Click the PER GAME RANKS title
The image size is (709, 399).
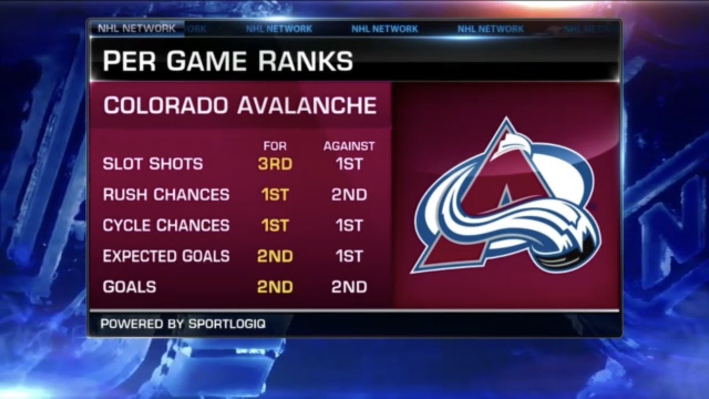[227, 61]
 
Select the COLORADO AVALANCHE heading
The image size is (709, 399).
[240, 106]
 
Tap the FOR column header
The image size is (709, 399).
[275, 146]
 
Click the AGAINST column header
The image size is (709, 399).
[349, 146]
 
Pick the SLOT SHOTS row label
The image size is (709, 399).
[152, 164]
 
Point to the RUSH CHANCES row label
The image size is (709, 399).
[166, 194]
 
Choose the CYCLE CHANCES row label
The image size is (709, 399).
[166, 225]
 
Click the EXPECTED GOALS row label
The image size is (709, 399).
[166, 256]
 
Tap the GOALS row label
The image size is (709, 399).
[129, 287]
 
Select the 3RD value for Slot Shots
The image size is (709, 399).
[275, 164]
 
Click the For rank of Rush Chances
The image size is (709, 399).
[275, 194]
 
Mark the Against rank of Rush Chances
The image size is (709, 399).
[349, 194]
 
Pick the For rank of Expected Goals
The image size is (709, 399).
[275, 256]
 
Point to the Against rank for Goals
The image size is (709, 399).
[349, 287]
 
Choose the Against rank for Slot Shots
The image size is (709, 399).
[349, 164]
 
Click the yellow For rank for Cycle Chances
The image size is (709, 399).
[275, 225]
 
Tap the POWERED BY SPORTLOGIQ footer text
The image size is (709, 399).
[183, 324]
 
